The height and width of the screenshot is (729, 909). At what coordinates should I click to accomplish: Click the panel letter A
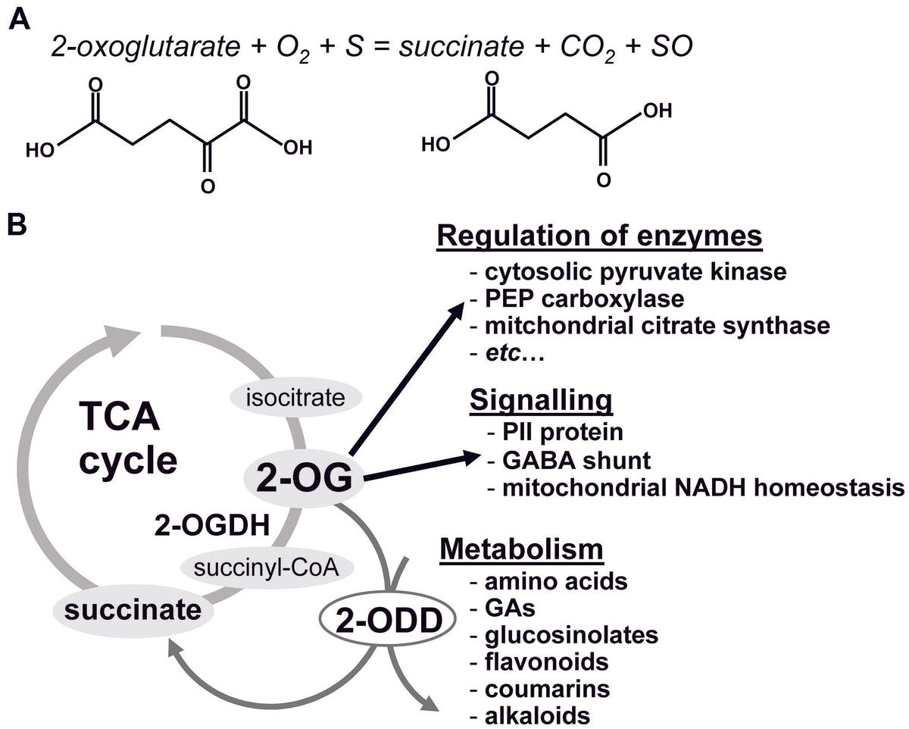point(20,17)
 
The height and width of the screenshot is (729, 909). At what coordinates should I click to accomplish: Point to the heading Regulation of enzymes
point(598,236)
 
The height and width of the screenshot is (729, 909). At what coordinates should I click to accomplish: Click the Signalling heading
point(541,400)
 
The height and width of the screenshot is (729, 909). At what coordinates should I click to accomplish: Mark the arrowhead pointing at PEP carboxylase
point(459,309)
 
